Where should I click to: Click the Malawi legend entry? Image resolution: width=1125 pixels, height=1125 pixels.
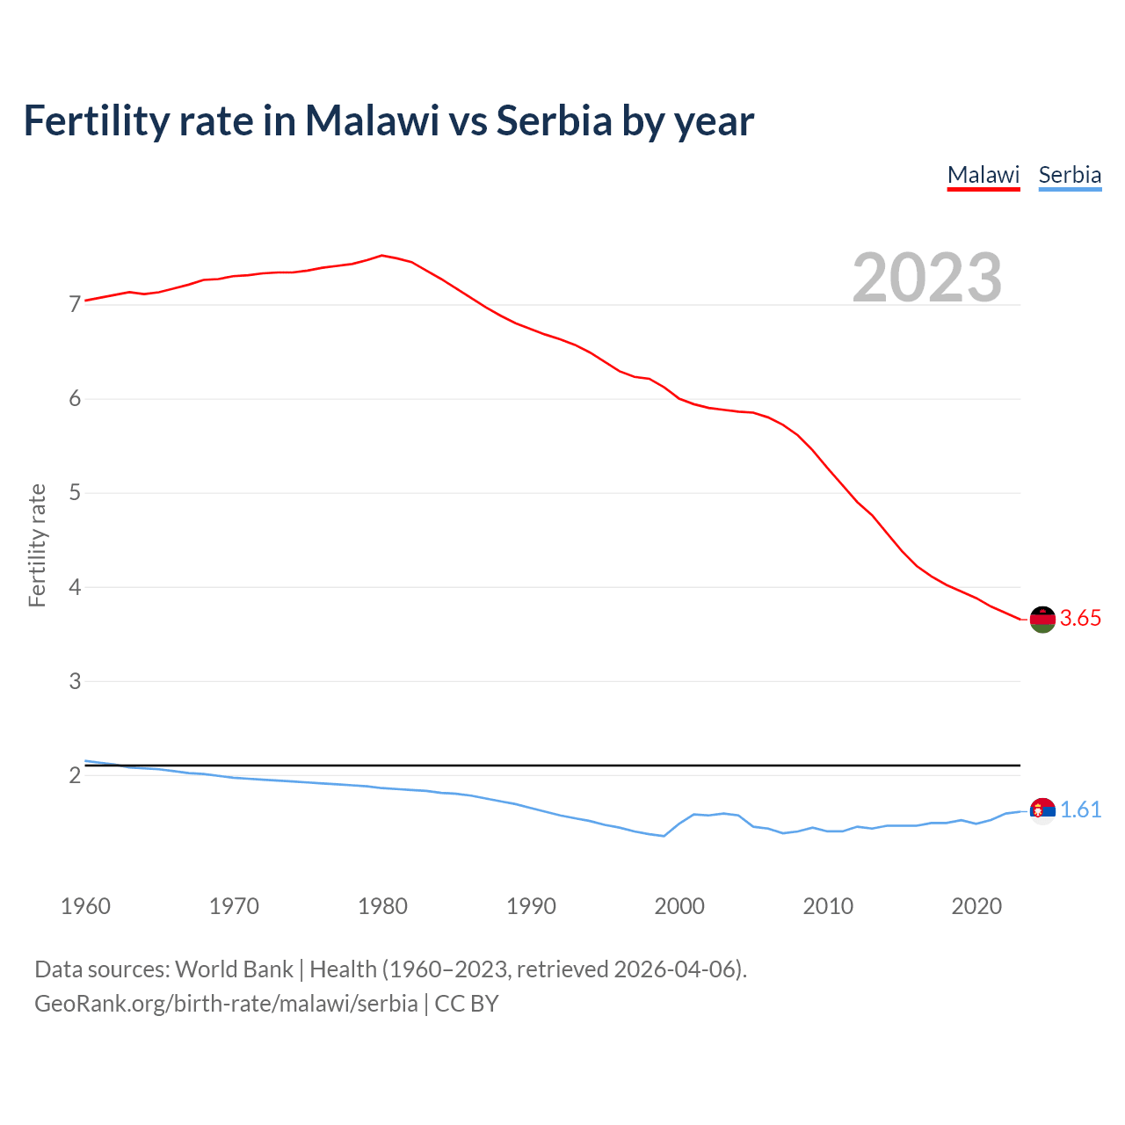tap(983, 175)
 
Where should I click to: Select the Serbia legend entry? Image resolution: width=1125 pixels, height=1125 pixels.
tap(1070, 175)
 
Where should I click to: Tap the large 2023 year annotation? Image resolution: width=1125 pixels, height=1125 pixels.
tap(927, 278)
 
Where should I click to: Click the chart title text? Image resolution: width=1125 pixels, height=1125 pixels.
tap(388, 121)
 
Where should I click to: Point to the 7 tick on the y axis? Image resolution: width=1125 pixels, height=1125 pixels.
tap(75, 305)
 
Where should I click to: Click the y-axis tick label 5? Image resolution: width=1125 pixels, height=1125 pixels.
tap(75, 493)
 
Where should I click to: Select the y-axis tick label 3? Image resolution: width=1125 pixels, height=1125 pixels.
tap(75, 681)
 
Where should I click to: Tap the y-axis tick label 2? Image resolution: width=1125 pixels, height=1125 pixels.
tap(75, 775)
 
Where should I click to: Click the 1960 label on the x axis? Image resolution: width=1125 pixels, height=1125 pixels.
tap(85, 906)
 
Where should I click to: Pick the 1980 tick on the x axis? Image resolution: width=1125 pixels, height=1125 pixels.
tap(382, 906)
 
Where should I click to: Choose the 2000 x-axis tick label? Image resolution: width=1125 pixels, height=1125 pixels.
tap(679, 906)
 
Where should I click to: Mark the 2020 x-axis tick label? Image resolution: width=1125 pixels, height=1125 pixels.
tap(976, 906)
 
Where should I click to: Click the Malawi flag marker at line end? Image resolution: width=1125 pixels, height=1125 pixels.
tap(1042, 619)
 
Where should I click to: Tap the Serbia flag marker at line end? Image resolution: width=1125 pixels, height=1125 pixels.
tap(1042, 810)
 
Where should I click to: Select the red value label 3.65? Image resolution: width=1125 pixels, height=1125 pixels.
tap(1080, 619)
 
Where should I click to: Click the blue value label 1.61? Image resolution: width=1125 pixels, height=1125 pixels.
tap(1080, 810)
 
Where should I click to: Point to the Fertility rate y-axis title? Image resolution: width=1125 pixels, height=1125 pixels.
tap(37, 545)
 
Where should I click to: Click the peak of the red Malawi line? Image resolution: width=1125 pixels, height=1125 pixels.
tap(381, 256)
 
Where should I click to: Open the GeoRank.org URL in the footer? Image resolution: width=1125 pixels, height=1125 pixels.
tap(226, 1004)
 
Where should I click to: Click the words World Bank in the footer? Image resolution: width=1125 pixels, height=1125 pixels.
tap(234, 969)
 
